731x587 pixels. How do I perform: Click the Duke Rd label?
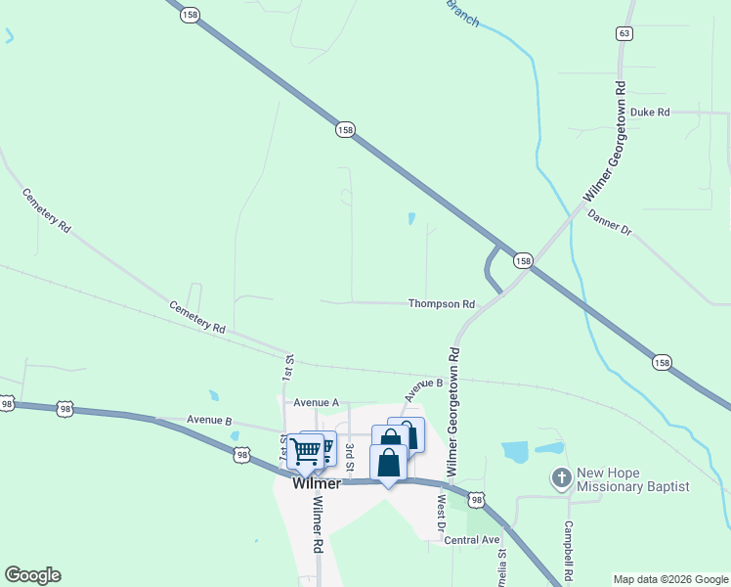click(649, 113)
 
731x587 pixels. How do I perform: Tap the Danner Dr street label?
click(610, 224)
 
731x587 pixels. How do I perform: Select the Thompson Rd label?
click(441, 304)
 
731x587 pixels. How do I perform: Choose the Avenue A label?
click(316, 402)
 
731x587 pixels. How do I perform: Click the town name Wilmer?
click(316, 484)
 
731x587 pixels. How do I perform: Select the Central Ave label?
click(471, 540)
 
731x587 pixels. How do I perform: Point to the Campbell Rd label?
click(566, 547)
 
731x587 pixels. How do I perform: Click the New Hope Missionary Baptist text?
click(632, 479)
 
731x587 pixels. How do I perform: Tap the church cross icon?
click(561, 478)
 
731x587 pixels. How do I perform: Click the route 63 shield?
click(623, 33)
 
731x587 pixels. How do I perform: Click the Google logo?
click(32, 575)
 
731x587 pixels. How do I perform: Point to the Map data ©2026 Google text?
click(670, 579)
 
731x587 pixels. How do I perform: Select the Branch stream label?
click(462, 13)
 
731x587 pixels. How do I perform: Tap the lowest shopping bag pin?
click(388, 463)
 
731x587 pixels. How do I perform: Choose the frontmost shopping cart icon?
click(305, 451)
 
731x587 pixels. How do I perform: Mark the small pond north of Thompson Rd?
click(411, 219)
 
